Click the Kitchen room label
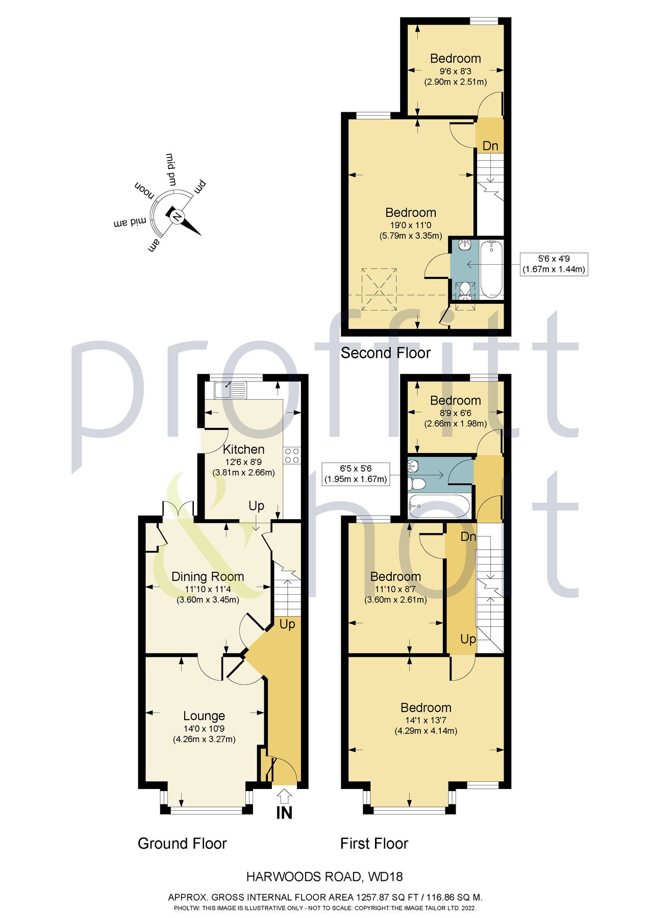[243, 449]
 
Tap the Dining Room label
[208, 576]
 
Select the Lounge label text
[204, 716]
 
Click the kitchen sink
[231, 390]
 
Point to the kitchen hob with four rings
[292, 455]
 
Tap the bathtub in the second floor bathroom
[491, 269]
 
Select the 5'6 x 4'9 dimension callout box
[554, 264]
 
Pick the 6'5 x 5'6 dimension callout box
[356, 473]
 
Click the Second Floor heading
[385, 353]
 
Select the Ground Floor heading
[182, 844]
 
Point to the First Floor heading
[374, 844]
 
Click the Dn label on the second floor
[490, 146]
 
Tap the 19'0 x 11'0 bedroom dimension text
[411, 225]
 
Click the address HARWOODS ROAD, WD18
[324, 877]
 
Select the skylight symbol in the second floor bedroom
[380, 289]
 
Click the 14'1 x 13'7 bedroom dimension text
[426, 720]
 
